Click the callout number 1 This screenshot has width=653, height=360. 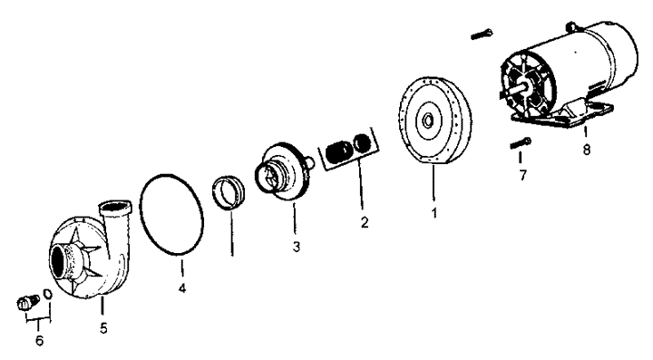pos(434,213)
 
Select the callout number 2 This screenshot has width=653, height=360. pos(365,223)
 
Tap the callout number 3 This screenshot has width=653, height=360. pos(296,247)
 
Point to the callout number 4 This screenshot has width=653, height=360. pos(182,287)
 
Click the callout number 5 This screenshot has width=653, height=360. pos(103,328)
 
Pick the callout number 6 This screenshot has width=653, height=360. pos(39,341)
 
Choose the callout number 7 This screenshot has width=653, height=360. pos(522,175)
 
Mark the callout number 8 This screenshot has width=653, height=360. pos(587,150)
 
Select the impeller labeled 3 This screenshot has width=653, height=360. pos(283,171)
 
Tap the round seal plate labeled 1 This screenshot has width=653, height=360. pos(435,121)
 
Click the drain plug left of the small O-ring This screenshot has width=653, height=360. pos(27,303)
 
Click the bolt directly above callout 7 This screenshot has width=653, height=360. pos(521,143)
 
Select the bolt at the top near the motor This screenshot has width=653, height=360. pos(482,34)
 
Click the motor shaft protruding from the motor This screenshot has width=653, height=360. pos(512,92)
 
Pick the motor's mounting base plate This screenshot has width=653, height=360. pos(562,119)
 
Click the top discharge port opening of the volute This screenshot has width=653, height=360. pos(114,206)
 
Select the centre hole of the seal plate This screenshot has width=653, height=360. pos(427,122)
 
